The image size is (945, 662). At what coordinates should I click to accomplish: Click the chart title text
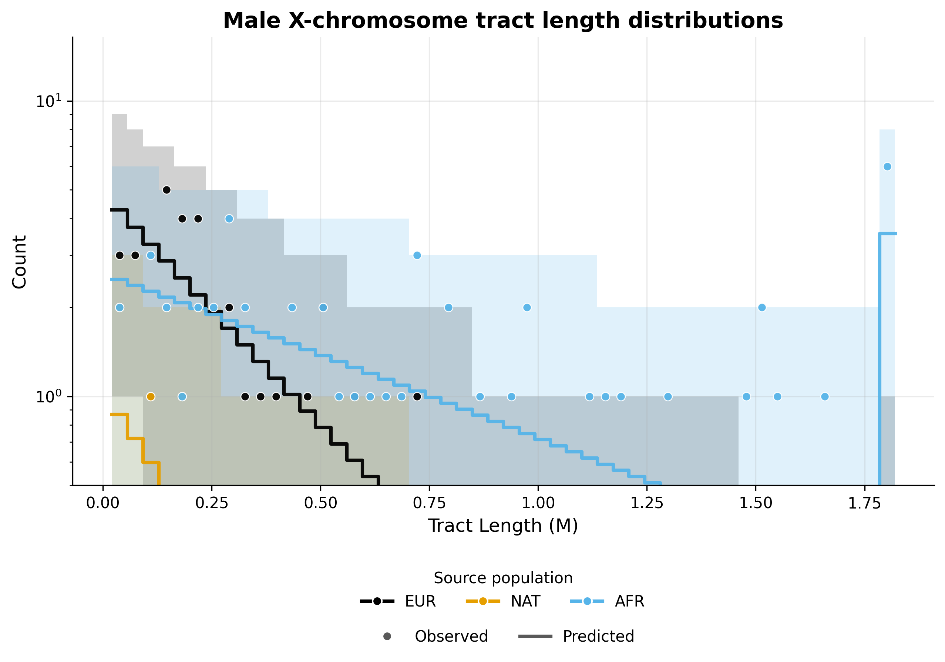pyautogui.click(x=502, y=21)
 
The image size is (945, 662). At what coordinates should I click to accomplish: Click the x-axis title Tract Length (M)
pyautogui.click(x=503, y=526)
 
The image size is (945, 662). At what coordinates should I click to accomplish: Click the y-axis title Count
pyautogui.click(x=19, y=262)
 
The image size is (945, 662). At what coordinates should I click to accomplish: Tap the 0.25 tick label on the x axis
pyautogui.click(x=212, y=503)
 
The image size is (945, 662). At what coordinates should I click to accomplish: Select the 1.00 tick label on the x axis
pyautogui.click(x=538, y=503)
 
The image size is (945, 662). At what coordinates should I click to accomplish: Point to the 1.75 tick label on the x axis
pyautogui.click(x=864, y=503)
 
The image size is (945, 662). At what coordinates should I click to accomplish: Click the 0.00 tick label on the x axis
pyautogui.click(x=103, y=503)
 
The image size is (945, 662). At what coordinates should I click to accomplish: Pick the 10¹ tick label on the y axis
pyautogui.click(x=48, y=101)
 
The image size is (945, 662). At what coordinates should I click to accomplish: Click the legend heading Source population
pyautogui.click(x=503, y=578)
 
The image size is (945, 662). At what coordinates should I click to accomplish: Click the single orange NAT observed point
pyautogui.click(x=151, y=396)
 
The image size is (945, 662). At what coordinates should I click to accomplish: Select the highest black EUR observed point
pyautogui.click(x=166, y=190)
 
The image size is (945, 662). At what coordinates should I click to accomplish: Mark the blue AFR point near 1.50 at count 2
pyautogui.click(x=762, y=307)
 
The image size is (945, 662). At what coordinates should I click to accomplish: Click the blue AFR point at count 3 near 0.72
pyautogui.click(x=417, y=256)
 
